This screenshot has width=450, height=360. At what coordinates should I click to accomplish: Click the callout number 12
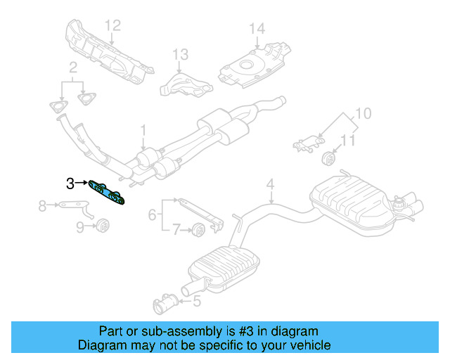point(113,26)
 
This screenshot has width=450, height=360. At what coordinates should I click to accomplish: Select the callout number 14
point(257,29)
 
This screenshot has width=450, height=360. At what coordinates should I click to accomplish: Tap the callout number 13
point(181,54)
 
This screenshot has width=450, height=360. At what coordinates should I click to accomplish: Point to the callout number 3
point(70,184)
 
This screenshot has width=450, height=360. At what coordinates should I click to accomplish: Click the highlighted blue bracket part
point(107,192)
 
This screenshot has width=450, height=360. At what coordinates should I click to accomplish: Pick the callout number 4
point(269,185)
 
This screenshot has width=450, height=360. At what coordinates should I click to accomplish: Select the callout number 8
point(42,205)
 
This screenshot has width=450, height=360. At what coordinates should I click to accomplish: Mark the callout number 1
point(143,130)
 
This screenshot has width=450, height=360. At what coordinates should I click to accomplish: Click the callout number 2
point(72,68)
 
